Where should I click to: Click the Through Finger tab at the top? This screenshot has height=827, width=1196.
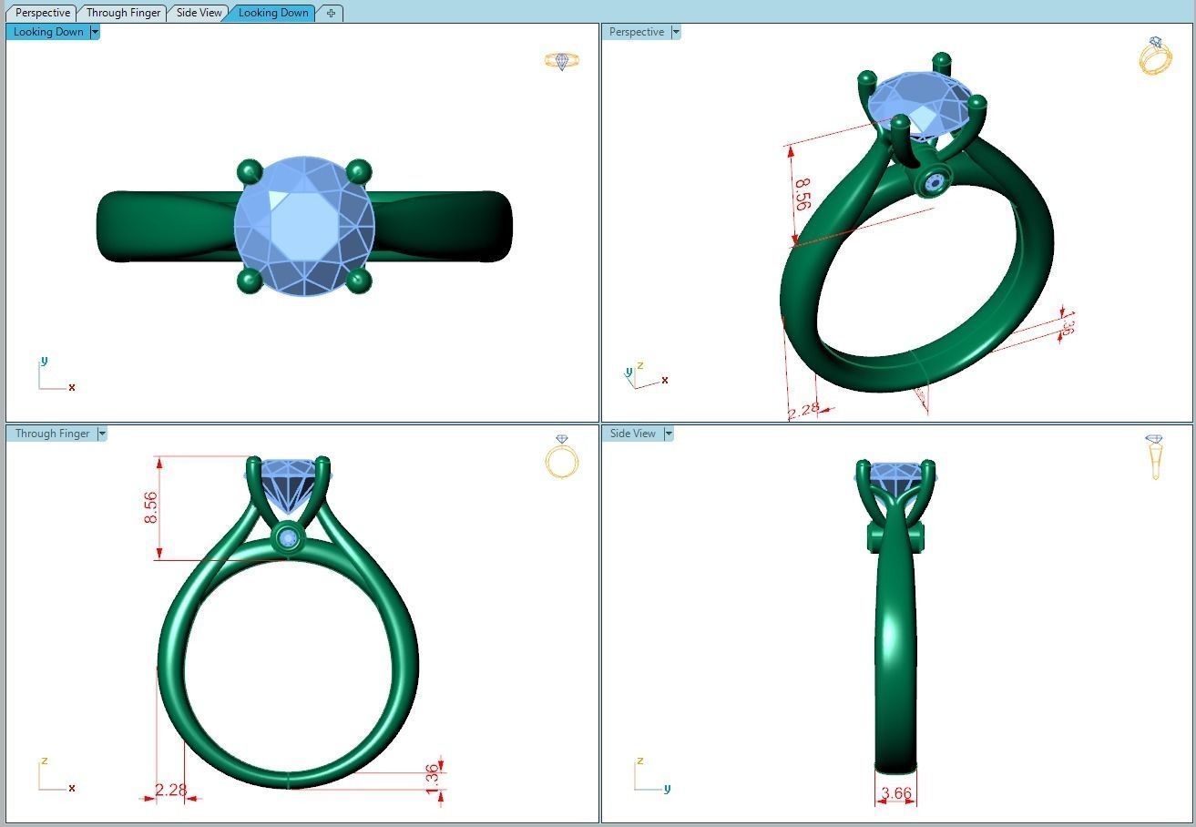click(123, 13)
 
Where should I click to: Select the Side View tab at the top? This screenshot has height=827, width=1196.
click(199, 13)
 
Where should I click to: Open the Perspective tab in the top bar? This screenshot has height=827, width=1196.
click(43, 13)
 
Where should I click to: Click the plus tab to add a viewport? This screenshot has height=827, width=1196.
click(331, 13)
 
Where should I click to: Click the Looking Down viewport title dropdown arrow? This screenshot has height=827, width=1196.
click(95, 32)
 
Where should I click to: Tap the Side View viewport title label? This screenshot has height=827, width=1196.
click(632, 434)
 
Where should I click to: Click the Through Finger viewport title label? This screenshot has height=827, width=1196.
click(52, 434)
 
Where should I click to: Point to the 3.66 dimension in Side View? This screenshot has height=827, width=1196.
click(896, 793)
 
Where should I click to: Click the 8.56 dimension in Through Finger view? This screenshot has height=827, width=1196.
click(151, 507)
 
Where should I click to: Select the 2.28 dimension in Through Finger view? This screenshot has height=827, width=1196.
click(171, 790)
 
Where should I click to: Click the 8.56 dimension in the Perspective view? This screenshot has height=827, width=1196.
click(802, 194)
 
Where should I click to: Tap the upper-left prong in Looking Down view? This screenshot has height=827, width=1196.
click(249, 171)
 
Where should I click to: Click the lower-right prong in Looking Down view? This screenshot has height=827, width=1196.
click(358, 281)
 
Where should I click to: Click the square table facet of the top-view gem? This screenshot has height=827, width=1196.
click(304, 223)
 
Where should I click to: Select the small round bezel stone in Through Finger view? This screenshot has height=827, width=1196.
click(290, 539)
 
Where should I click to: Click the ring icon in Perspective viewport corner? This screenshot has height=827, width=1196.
click(1155, 56)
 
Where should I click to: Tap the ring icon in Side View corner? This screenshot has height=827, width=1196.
click(1155, 456)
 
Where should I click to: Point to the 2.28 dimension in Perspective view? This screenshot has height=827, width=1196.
click(803, 411)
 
